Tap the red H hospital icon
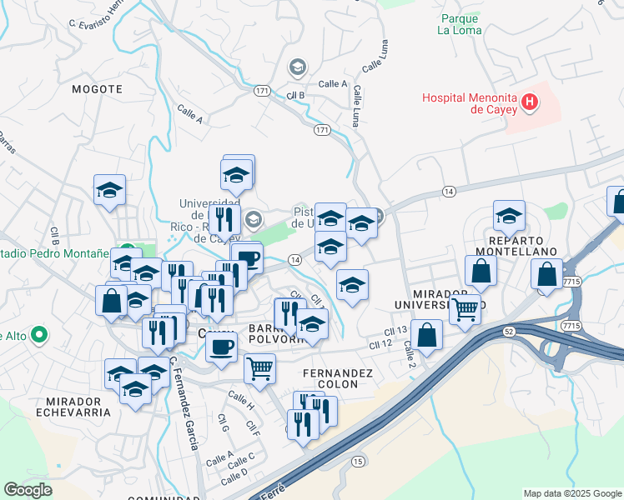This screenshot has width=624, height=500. pyautogui.click(x=528, y=103)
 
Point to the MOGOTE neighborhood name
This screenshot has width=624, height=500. pyautogui.click(x=98, y=87)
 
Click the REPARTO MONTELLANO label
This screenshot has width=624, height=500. pyautogui.click(x=516, y=250)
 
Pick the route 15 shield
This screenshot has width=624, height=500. pyautogui.click(x=358, y=461)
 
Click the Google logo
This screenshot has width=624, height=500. pyautogui.click(x=28, y=490)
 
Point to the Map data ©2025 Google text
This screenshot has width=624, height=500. pyautogui.click(x=571, y=493)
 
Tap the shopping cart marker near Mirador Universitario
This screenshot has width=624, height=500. pyautogui.click(x=465, y=308)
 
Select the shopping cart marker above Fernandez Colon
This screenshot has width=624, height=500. pyautogui.click(x=260, y=367)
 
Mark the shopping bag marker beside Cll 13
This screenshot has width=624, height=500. pyautogui.click(x=426, y=335)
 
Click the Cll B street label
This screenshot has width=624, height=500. pyautogui.click(x=295, y=95)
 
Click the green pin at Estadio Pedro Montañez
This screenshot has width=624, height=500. pyautogui.click(x=128, y=251)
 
